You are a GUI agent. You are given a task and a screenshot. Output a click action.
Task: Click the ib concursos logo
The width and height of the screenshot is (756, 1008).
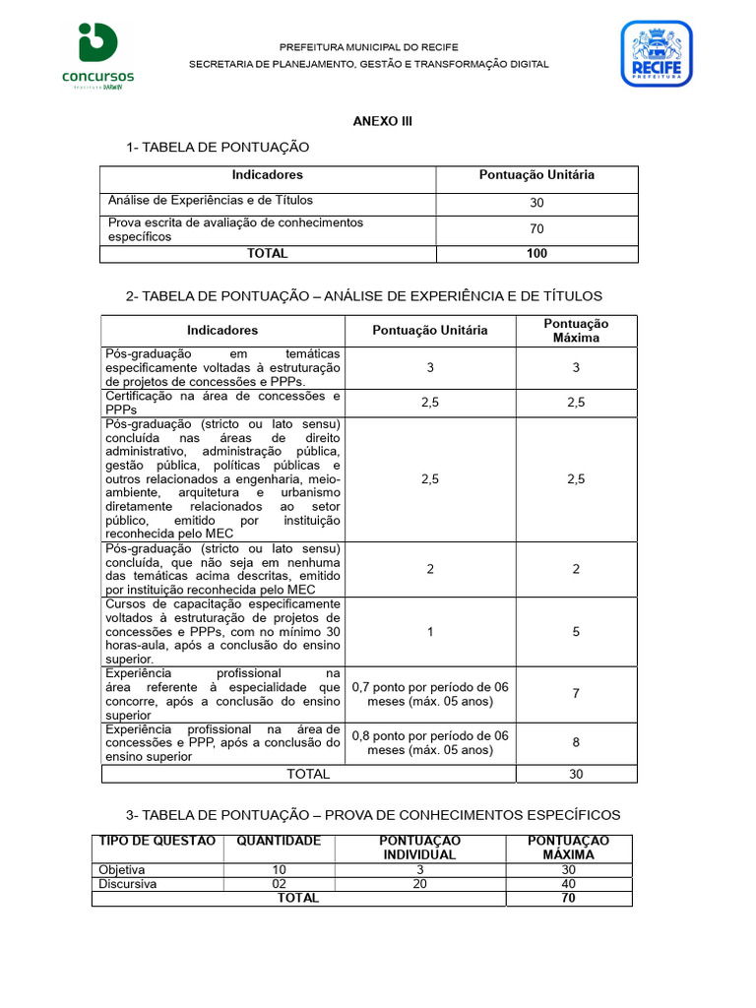coord(98,56)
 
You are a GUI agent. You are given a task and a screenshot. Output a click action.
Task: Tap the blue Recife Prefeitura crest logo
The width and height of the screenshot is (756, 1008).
coord(656,54)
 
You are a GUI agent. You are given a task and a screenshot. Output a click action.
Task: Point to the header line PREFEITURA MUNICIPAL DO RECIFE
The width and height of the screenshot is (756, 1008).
coord(369,47)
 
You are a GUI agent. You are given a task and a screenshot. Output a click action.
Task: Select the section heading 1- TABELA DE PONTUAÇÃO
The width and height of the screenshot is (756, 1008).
coord(218,147)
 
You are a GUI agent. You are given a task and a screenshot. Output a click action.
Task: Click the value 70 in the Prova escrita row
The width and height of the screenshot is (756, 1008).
coord(536,229)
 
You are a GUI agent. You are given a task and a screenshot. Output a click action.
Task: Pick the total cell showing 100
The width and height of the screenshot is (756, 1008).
coord(536,254)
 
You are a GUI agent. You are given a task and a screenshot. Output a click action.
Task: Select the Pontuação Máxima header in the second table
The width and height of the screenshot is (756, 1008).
coord(576,331)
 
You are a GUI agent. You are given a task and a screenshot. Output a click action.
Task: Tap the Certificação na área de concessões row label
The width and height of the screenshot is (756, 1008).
coord(222,403)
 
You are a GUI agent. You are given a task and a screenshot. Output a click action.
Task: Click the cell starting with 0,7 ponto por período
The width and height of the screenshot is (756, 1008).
coord(429,694)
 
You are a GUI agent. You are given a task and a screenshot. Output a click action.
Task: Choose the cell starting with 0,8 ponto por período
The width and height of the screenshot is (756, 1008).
coord(429,742)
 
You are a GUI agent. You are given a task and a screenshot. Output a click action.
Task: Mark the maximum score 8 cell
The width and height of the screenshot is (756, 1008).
coord(576,743)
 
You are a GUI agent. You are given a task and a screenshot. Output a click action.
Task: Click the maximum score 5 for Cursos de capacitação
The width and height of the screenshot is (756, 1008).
coord(576,632)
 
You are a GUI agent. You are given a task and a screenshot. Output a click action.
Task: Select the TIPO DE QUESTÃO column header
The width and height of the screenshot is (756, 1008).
coord(157,841)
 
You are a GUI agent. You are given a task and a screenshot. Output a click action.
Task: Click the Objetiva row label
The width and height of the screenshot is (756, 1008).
coord(122,870)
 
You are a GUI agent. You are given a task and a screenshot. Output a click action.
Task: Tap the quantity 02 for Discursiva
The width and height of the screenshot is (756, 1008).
coord(279,884)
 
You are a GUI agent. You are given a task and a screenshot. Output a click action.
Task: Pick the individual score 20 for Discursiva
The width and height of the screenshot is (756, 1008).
coord(419,884)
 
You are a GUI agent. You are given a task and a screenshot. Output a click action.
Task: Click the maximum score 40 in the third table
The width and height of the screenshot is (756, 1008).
coord(568,884)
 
